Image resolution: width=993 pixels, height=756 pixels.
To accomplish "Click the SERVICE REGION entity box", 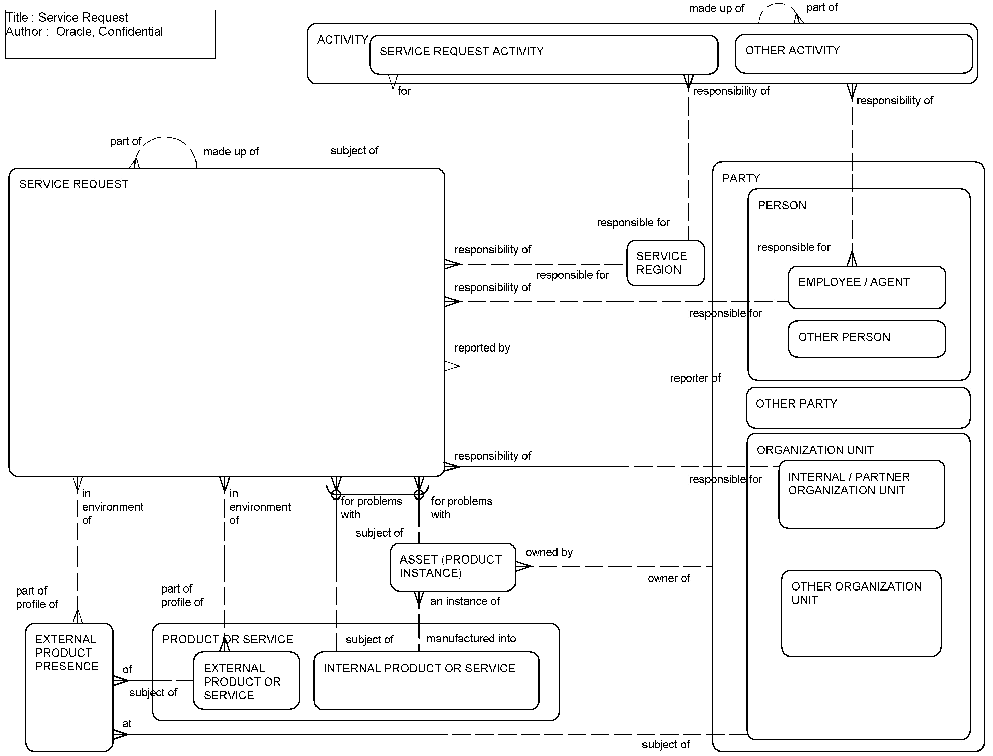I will click(x=665, y=263).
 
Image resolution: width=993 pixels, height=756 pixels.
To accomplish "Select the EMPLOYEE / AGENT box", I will click(x=867, y=288).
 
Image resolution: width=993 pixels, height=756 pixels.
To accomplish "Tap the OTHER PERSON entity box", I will click(x=867, y=339).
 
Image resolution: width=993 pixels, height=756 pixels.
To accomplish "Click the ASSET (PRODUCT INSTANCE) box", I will click(x=452, y=567).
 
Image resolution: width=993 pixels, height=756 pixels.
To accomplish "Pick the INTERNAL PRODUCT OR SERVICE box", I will click(x=426, y=681).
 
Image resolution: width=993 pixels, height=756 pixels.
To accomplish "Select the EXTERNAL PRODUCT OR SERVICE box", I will click(x=246, y=681).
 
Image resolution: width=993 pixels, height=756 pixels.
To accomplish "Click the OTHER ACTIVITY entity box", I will click(x=853, y=54).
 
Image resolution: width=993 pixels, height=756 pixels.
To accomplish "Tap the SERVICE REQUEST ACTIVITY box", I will click(x=543, y=55).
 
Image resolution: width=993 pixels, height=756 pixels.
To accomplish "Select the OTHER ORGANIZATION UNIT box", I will click(x=861, y=613).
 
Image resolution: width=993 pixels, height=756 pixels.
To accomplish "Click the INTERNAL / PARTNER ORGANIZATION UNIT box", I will click(x=861, y=494).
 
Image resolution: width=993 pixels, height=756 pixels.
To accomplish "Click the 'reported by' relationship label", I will click(x=482, y=348).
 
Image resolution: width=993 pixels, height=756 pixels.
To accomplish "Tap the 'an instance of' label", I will click(x=465, y=601).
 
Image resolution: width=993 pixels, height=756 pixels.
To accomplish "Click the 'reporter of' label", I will click(x=695, y=379).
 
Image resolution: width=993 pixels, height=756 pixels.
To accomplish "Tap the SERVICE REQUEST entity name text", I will click(x=73, y=184).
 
